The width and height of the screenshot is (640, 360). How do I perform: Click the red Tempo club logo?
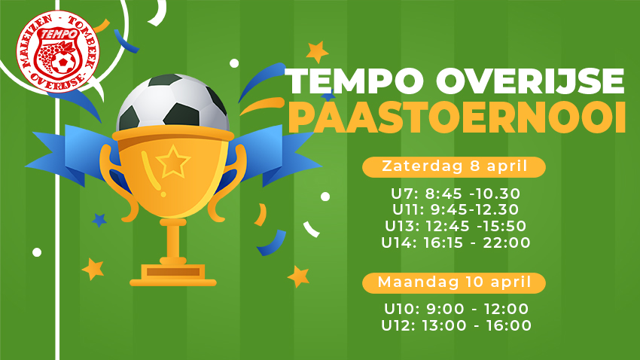click(x=57, y=51)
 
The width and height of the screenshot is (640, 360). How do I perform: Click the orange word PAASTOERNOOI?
click(x=457, y=117)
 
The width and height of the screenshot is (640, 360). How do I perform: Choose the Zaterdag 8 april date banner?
click(x=454, y=167)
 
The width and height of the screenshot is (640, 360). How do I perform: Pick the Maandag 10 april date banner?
click(x=454, y=282)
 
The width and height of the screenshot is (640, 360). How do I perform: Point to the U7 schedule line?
click(x=456, y=194)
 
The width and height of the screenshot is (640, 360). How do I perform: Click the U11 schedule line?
click(x=456, y=210)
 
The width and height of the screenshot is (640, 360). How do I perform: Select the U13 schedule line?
click(x=456, y=226)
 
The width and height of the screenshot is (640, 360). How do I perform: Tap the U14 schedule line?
click(x=456, y=243)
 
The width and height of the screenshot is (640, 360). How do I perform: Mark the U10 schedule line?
click(x=456, y=309)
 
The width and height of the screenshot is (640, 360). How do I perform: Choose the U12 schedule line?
click(x=456, y=325)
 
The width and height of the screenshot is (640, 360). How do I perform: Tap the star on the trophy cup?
click(x=173, y=162)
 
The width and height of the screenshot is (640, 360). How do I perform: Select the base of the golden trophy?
click(x=173, y=275)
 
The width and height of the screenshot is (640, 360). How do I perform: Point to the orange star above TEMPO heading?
click(x=317, y=52)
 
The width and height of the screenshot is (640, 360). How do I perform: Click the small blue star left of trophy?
click(x=99, y=221)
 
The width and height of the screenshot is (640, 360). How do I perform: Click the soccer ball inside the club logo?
click(x=62, y=63)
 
